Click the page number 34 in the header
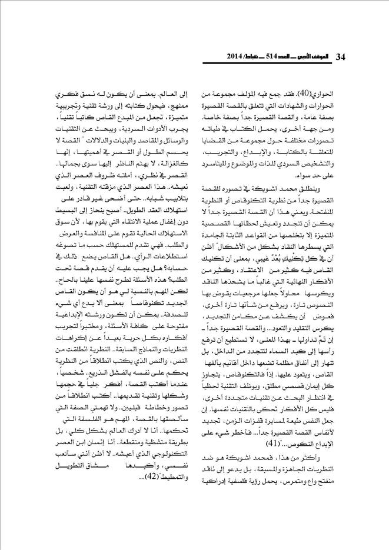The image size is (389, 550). [340, 56]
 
